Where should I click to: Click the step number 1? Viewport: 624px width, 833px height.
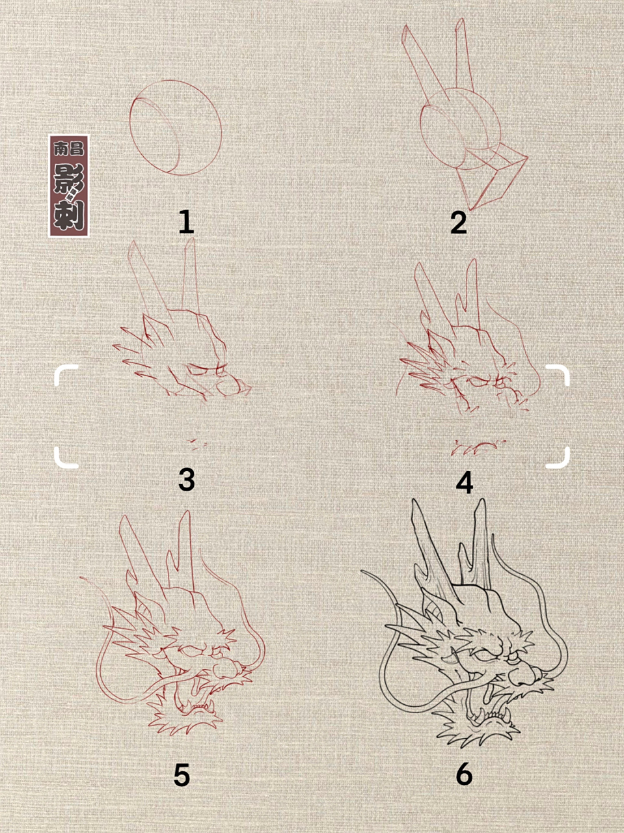(x=186, y=223)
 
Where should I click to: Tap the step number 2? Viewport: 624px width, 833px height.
(x=459, y=223)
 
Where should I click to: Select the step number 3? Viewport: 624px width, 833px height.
(x=186, y=480)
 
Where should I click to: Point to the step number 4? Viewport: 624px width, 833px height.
(x=464, y=483)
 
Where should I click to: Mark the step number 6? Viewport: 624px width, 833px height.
(x=464, y=774)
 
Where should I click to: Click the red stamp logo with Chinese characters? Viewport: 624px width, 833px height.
(x=69, y=186)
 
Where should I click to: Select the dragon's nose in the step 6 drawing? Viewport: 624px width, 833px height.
(x=524, y=677)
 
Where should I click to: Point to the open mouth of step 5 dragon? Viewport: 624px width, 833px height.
(x=195, y=696)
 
